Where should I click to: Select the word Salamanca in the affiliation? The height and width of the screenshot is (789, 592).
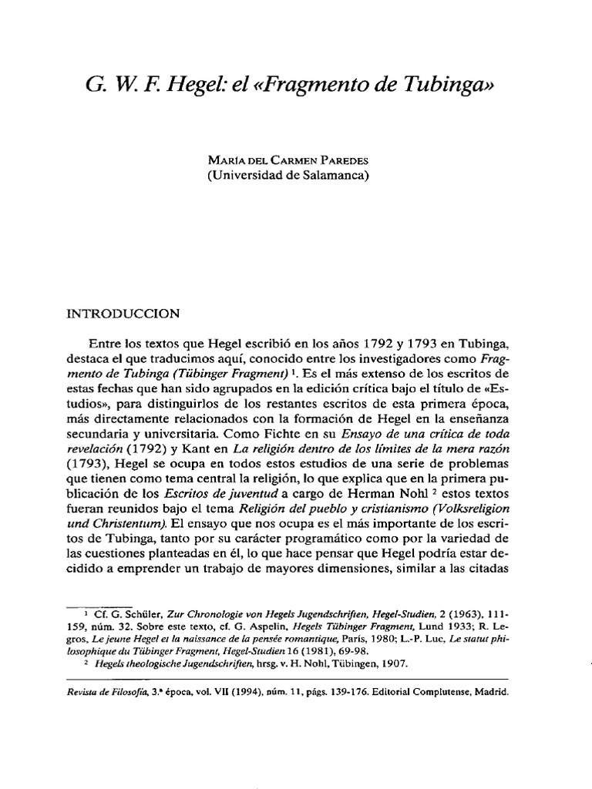pos(338,176)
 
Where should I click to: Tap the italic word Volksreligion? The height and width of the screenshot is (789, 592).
pos(473,494)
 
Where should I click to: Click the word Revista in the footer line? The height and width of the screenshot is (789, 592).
pos(86,692)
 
